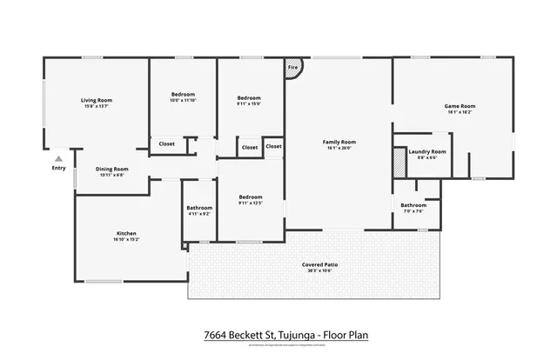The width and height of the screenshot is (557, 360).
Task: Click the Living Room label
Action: point(97,100)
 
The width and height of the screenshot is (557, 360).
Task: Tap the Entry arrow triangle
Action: point(58,159)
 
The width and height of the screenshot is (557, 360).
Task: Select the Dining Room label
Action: point(111,169)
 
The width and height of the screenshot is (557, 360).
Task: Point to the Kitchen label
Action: point(126,234)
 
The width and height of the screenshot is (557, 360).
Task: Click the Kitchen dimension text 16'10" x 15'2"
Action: point(126,240)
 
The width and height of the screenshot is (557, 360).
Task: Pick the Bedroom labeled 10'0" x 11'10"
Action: point(183,94)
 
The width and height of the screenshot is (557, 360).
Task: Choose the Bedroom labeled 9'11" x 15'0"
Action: point(249,98)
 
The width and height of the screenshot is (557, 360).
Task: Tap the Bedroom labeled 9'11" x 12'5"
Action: point(251,197)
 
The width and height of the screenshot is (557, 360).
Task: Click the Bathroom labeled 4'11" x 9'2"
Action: point(199,207)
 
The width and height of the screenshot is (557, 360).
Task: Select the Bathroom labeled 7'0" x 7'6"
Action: point(413,205)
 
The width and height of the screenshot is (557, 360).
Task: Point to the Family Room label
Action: point(339,142)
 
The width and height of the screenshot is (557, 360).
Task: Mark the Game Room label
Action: point(460,106)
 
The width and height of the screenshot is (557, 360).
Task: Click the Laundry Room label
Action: point(428,152)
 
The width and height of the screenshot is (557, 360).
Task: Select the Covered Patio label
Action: point(319,264)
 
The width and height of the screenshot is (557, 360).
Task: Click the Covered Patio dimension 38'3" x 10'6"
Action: point(319,270)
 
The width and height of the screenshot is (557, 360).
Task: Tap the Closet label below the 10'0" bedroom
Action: point(167,143)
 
